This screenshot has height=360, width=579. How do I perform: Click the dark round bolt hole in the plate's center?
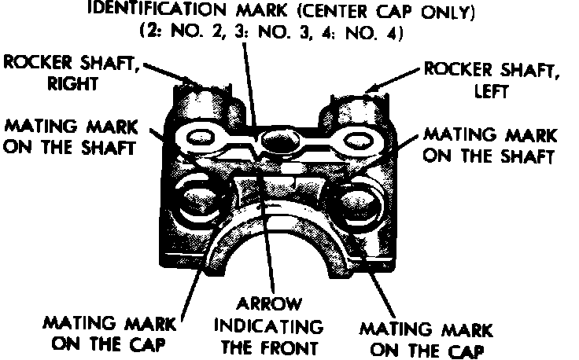click(280, 142)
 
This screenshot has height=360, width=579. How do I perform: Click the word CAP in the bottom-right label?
click(463, 348)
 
